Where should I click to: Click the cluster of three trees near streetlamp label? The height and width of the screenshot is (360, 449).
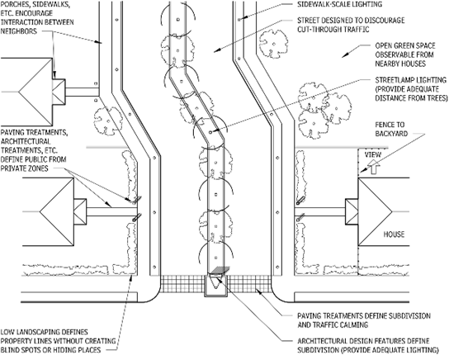click(329, 100)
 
